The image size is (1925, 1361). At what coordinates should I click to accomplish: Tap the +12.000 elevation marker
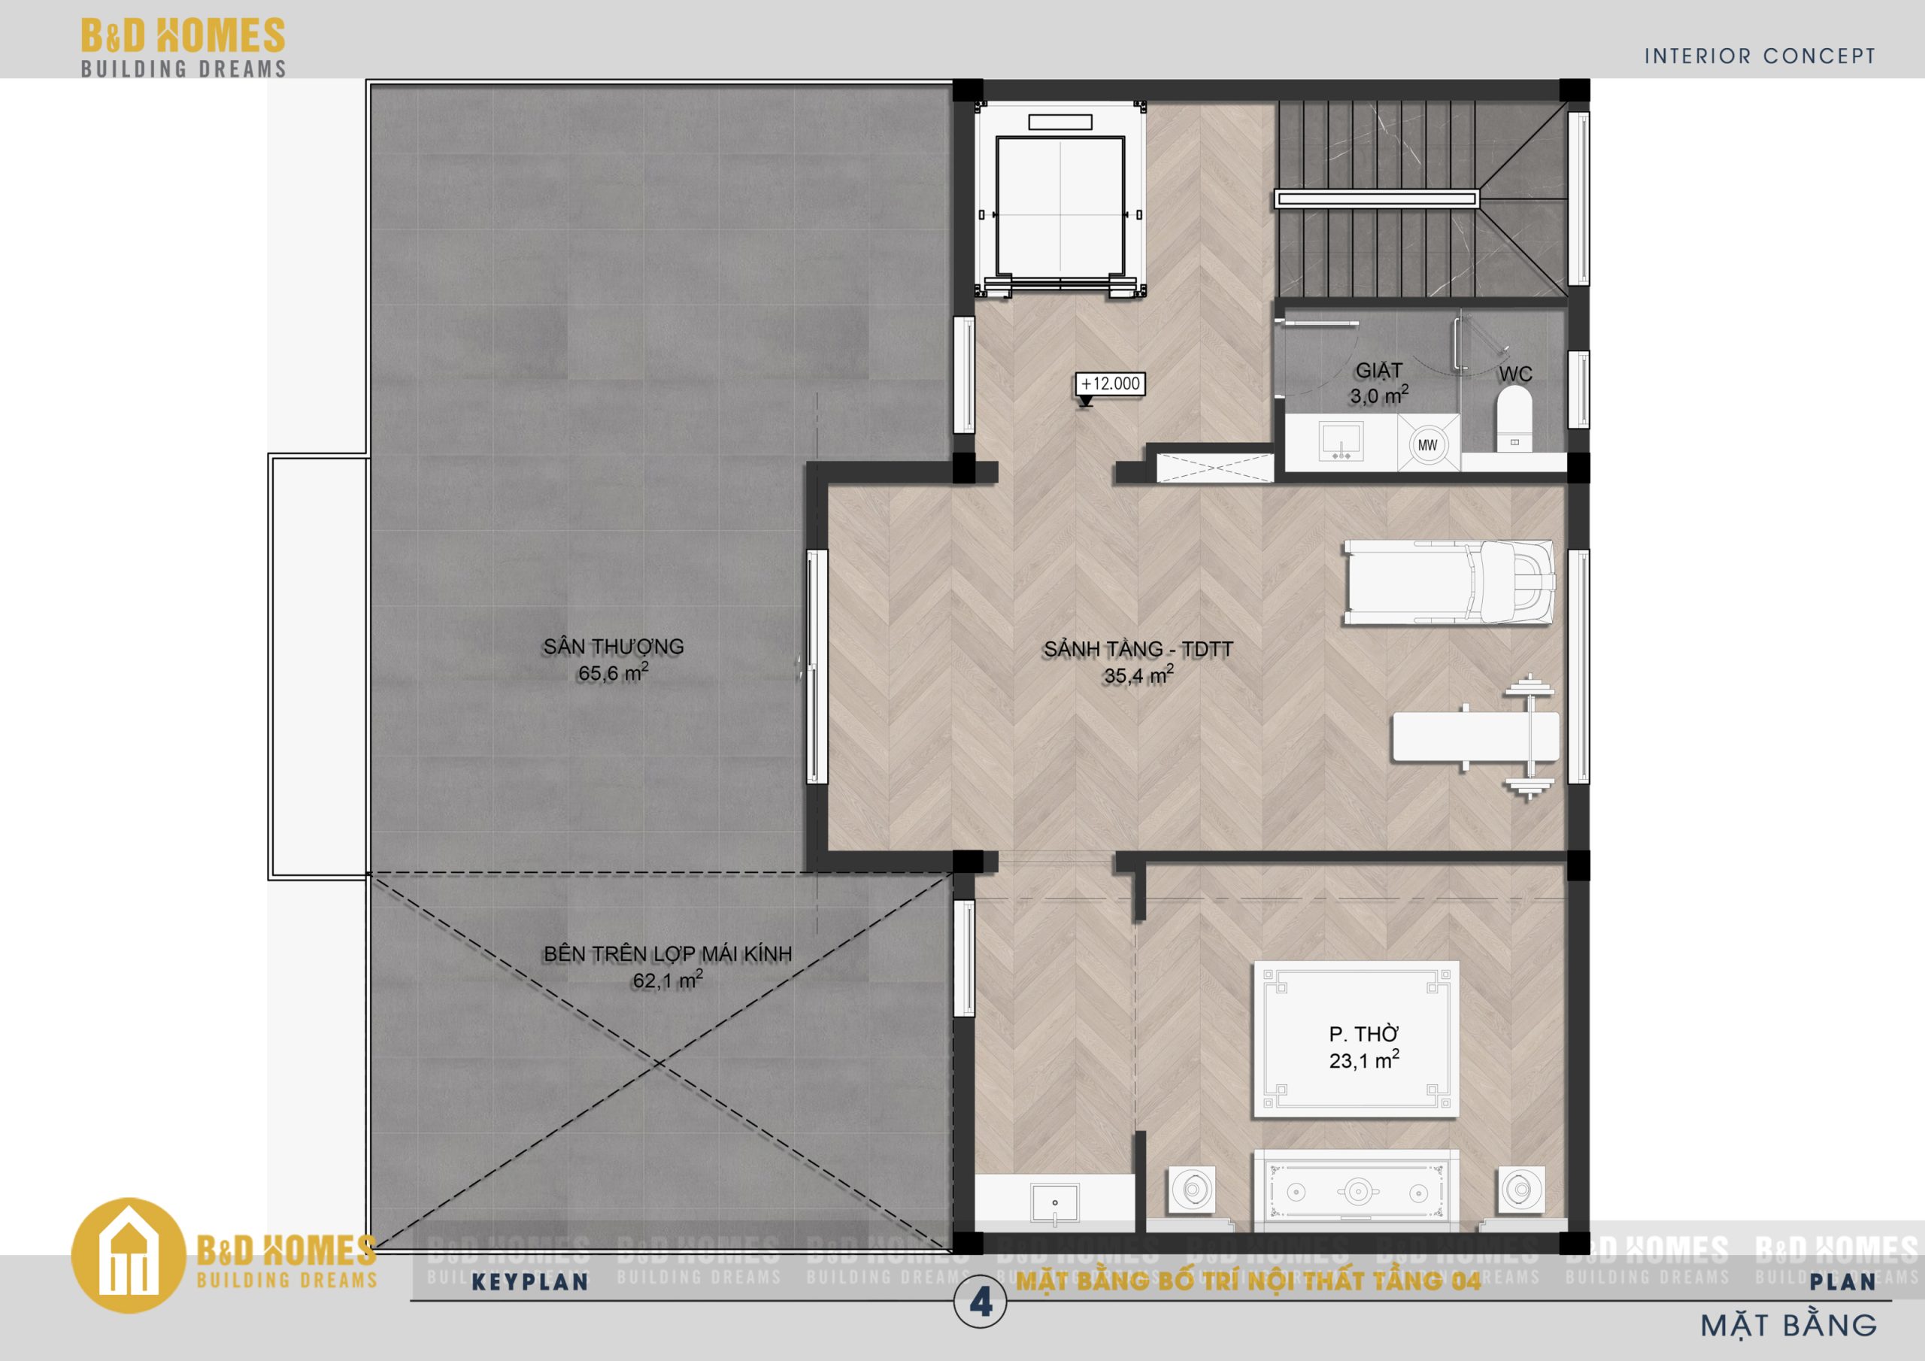point(1110,385)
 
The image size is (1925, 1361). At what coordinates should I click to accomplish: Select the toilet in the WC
point(1514,420)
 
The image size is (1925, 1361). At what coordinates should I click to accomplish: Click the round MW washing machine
point(1427,445)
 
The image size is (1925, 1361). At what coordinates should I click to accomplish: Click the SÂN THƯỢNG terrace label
point(613,647)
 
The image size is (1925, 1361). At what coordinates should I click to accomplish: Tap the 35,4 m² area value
point(1138,675)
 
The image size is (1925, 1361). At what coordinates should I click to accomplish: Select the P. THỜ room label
point(1364,1034)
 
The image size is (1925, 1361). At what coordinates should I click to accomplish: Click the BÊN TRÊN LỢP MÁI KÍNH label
point(668,953)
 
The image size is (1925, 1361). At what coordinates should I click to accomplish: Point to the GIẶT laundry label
point(1378,370)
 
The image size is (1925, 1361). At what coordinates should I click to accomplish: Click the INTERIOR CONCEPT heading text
point(1760,56)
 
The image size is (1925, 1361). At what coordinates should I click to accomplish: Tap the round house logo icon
point(129,1255)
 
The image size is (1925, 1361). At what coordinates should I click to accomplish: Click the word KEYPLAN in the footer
point(530,1282)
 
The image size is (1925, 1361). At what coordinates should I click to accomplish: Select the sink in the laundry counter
point(1341,441)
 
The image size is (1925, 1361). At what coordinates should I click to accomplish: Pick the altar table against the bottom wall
point(1356,1192)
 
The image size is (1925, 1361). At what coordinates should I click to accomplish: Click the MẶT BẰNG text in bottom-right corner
point(1788,1326)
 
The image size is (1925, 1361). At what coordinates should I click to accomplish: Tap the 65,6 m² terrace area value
point(613,672)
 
